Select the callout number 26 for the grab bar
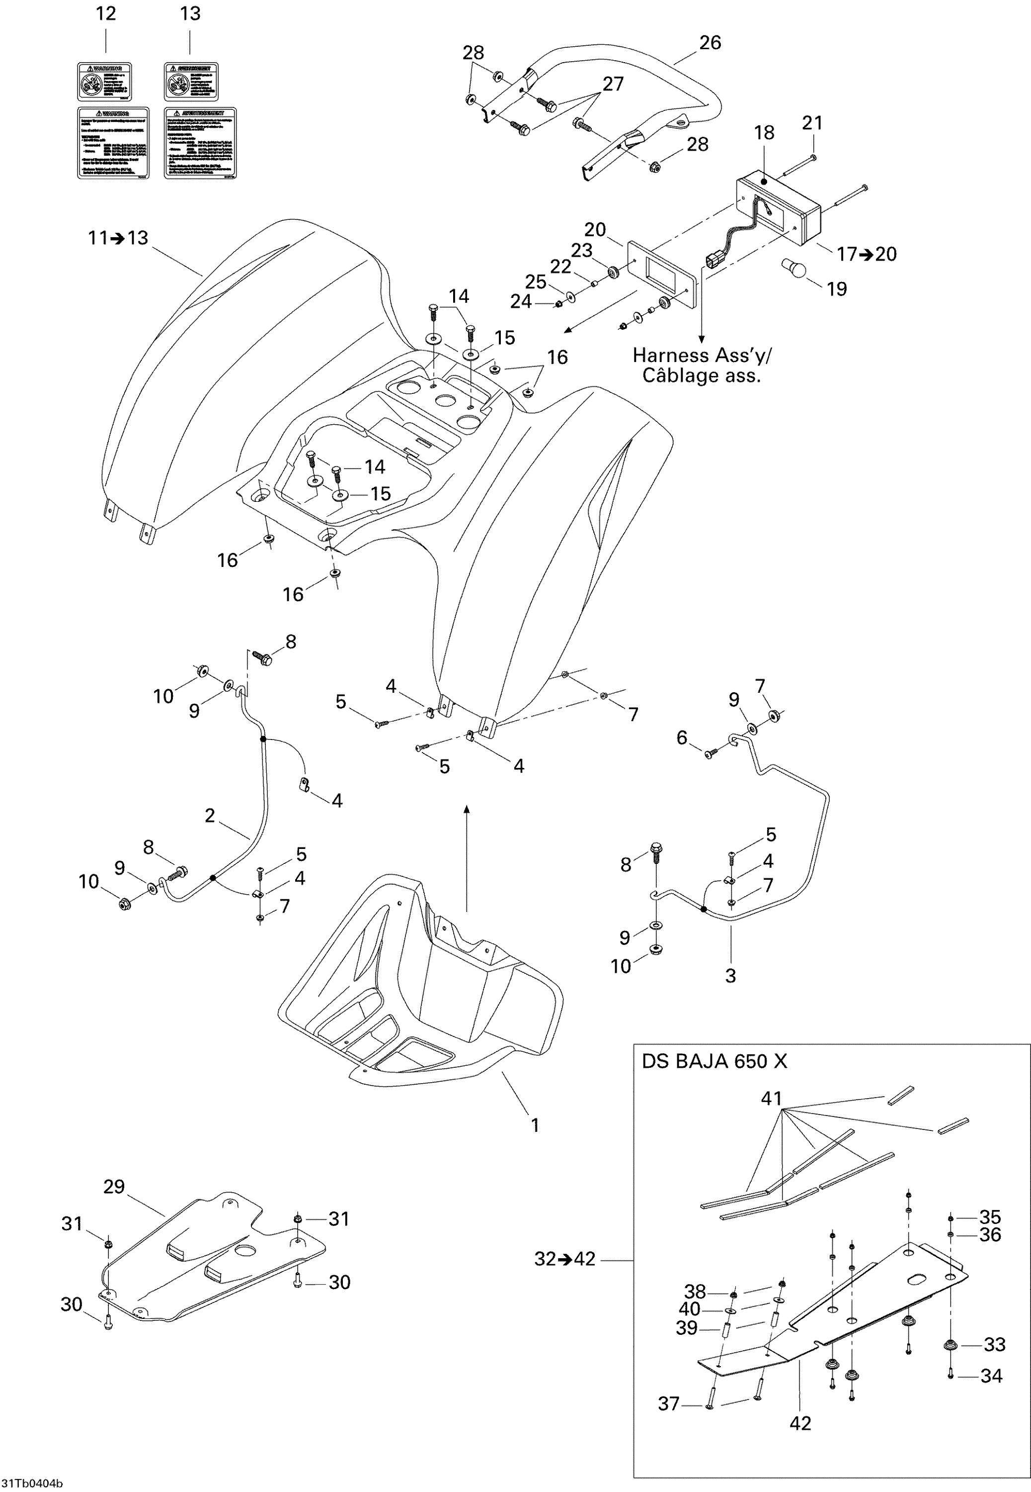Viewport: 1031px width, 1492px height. (x=710, y=43)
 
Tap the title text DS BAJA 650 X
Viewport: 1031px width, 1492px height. (x=714, y=1061)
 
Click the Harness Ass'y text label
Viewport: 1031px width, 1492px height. (x=702, y=356)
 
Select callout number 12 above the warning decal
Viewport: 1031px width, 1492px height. (x=105, y=13)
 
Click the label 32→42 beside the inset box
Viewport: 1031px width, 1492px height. (x=564, y=1259)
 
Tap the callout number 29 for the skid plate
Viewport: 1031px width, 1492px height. (x=114, y=1187)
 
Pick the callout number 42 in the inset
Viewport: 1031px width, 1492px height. (x=800, y=1423)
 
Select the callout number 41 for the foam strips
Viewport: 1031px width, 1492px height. (x=771, y=1098)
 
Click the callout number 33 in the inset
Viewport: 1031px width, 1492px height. (x=994, y=1345)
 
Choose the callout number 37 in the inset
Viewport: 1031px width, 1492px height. (x=669, y=1403)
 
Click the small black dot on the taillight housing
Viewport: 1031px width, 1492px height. (x=764, y=183)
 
